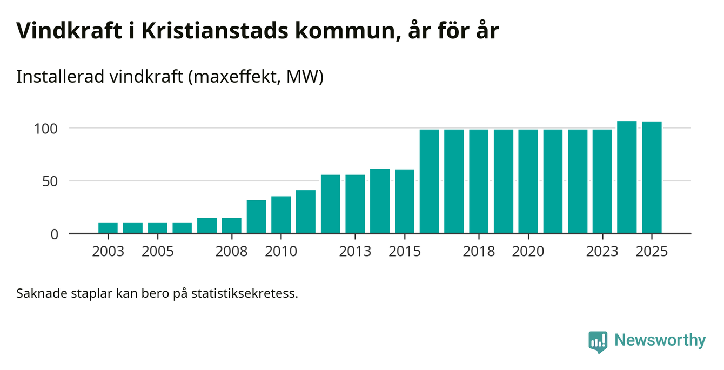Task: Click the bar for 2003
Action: pyautogui.click(x=108, y=228)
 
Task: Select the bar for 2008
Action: pyautogui.click(x=232, y=226)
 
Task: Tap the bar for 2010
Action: pyautogui.click(x=281, y=215)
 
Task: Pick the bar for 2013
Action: pyautogui.click(x=355, y=204)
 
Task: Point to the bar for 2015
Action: pyautogui.click(x=405, y=201)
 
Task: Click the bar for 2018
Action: pyautogui.click(x=479, y=181)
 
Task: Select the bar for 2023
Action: pyautogui.click(x=602, y=181)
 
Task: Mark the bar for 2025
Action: pyautogui.click(x=652, y=178)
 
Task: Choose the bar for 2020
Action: pyautogui.click(x=528, y=181)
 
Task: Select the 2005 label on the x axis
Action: pyautogui.click(x=157, y=252)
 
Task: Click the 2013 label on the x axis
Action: pyautogui.click(x=355, y=252)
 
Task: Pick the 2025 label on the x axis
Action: pyautogui.click(x=652, y=252)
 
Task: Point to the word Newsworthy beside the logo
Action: pyautogui.click(x=660, y=340)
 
